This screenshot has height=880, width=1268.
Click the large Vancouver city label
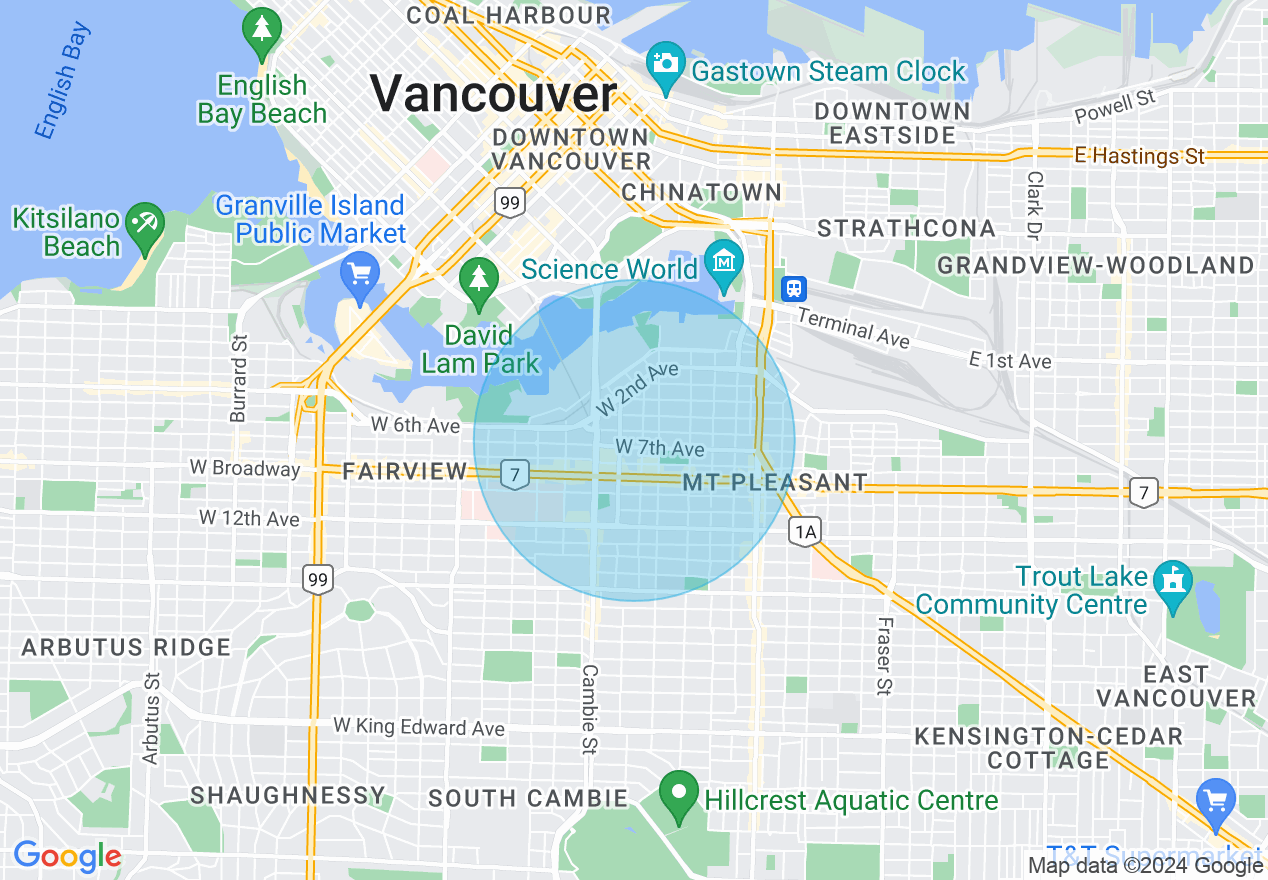(x=494, y=95)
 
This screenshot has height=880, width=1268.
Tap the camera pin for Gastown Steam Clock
(x=664, y=61)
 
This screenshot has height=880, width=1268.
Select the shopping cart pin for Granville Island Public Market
(x=358, y=273)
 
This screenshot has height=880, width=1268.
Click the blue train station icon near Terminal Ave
(x=795, y=288)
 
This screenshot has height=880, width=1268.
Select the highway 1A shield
(x=805, y=531)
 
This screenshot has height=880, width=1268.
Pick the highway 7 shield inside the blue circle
(x=514, y=474)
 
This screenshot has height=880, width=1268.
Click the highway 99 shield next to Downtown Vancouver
(x=510, y=203)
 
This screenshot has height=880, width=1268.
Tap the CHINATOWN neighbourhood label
(x=701, y=192)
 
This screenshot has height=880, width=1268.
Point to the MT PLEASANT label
(x=775, y=483)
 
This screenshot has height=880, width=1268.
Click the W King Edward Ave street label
(x=419, y=727)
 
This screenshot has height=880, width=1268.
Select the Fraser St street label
(x=884, y=654)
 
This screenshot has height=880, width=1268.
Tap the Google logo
(x=67, y=856)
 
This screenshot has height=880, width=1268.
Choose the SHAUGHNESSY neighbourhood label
(x=287, y=796)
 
